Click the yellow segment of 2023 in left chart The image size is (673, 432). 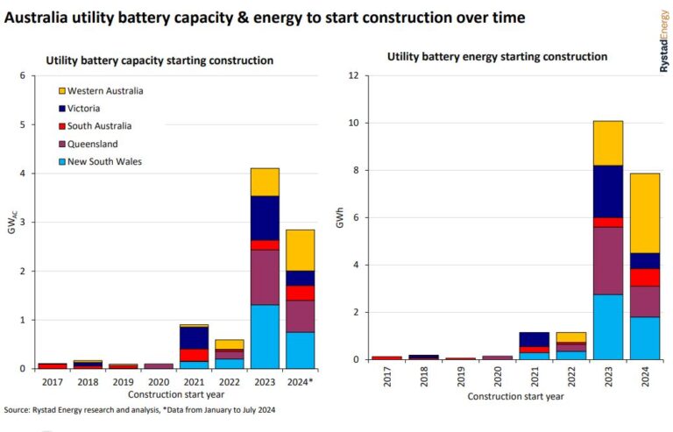click(x=265, y=181)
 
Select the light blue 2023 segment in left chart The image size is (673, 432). click(x=265, y=336)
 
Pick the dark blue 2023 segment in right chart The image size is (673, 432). click(x=608, y=191)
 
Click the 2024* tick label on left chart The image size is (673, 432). click(x=301, y=382)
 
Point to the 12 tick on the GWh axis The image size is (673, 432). click(x=353, y=75)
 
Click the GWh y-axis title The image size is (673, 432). click(x=342, y=217)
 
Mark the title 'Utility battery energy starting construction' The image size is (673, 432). click(x=497, y=56)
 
